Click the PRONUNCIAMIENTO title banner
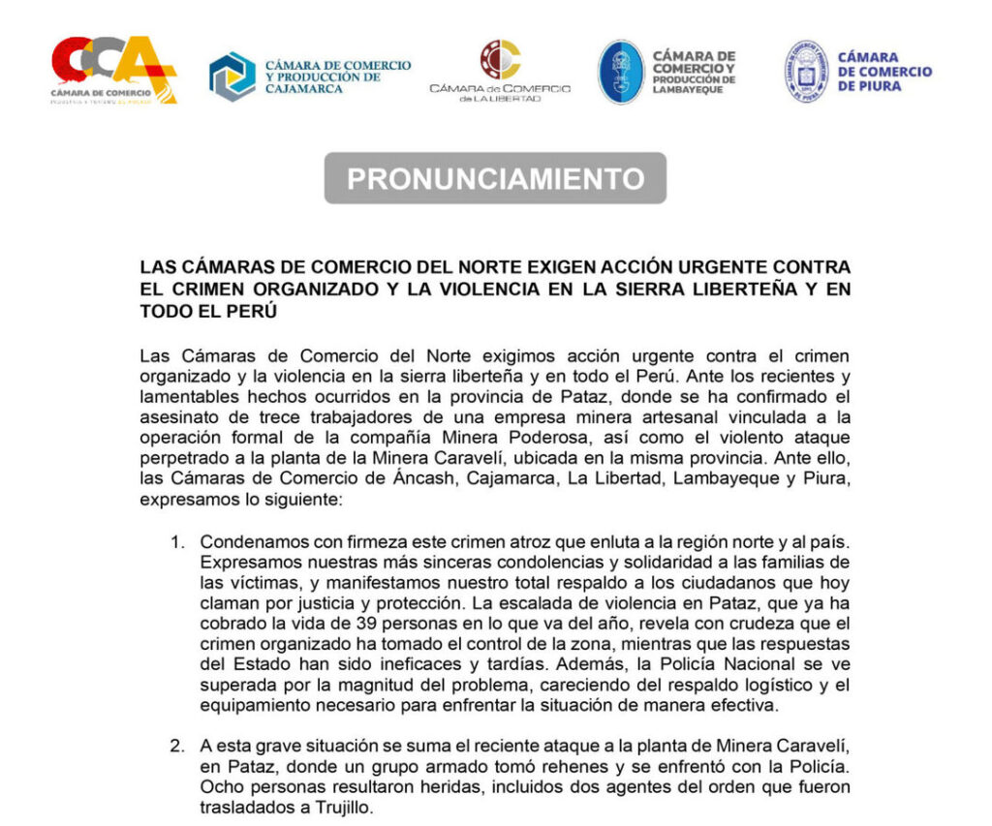(495, 178)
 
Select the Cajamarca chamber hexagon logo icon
(232, 76)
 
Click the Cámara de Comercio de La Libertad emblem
(500, 59)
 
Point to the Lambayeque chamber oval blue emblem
(620, 72)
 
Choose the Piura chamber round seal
(804, 72)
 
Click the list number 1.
(176, 541)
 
